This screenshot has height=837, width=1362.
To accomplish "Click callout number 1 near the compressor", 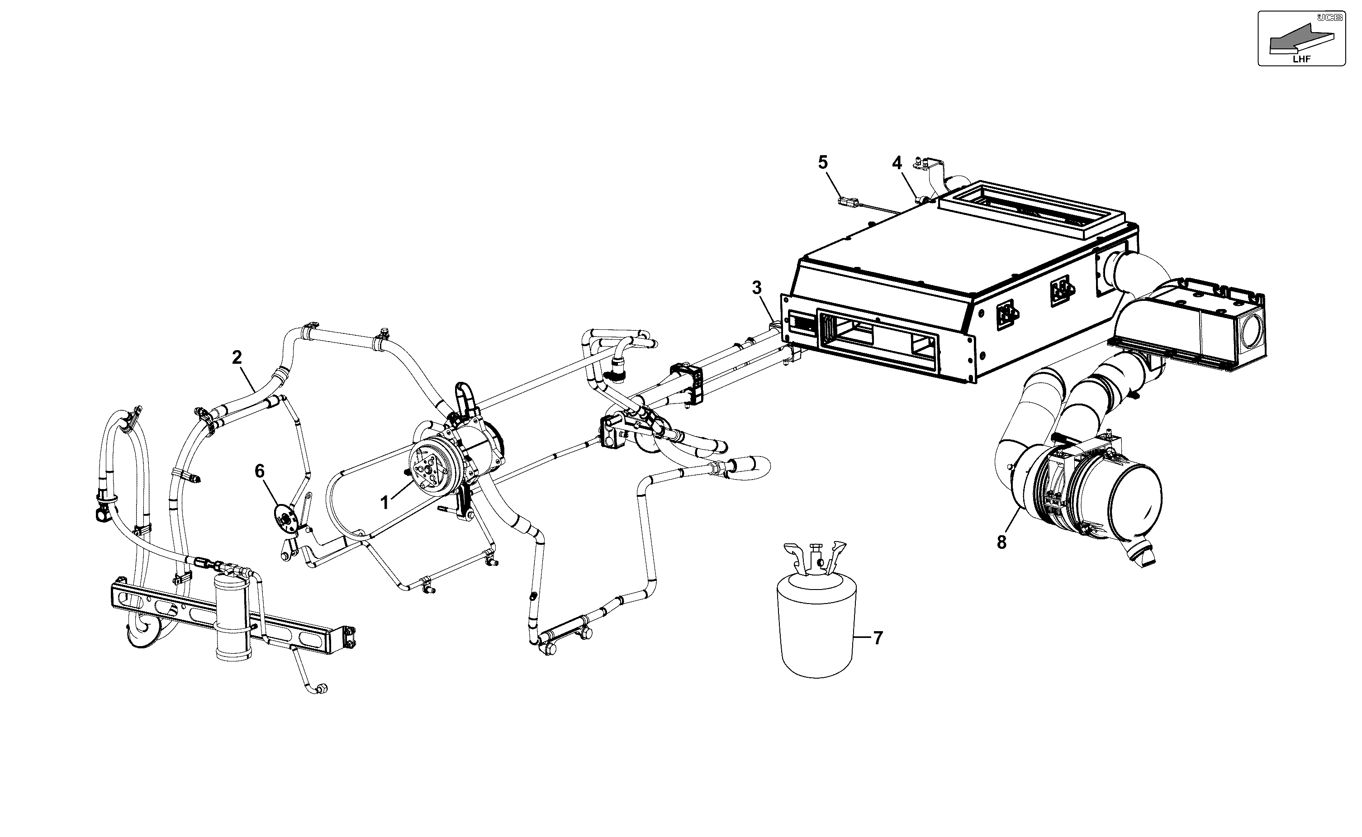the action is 384,503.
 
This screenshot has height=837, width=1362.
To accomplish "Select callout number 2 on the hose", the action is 237,357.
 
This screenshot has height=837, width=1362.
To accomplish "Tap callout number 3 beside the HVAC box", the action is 757,288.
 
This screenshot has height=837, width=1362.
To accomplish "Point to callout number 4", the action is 897,163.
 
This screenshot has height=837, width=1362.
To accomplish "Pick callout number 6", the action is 260,471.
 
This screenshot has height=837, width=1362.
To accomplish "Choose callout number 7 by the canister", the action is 878,638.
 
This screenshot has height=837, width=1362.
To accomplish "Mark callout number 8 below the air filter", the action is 1002,542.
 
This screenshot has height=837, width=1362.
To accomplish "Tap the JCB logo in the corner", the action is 1329,18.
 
